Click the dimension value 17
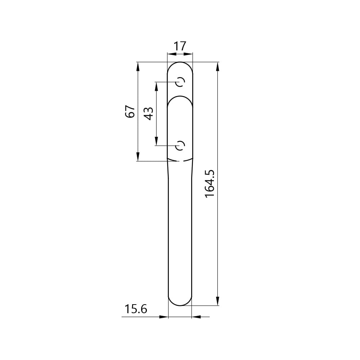180,46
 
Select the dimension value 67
130,112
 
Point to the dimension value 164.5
210,184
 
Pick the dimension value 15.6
136,309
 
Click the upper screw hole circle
180,82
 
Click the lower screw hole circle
180,145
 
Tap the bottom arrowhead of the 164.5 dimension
218,301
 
